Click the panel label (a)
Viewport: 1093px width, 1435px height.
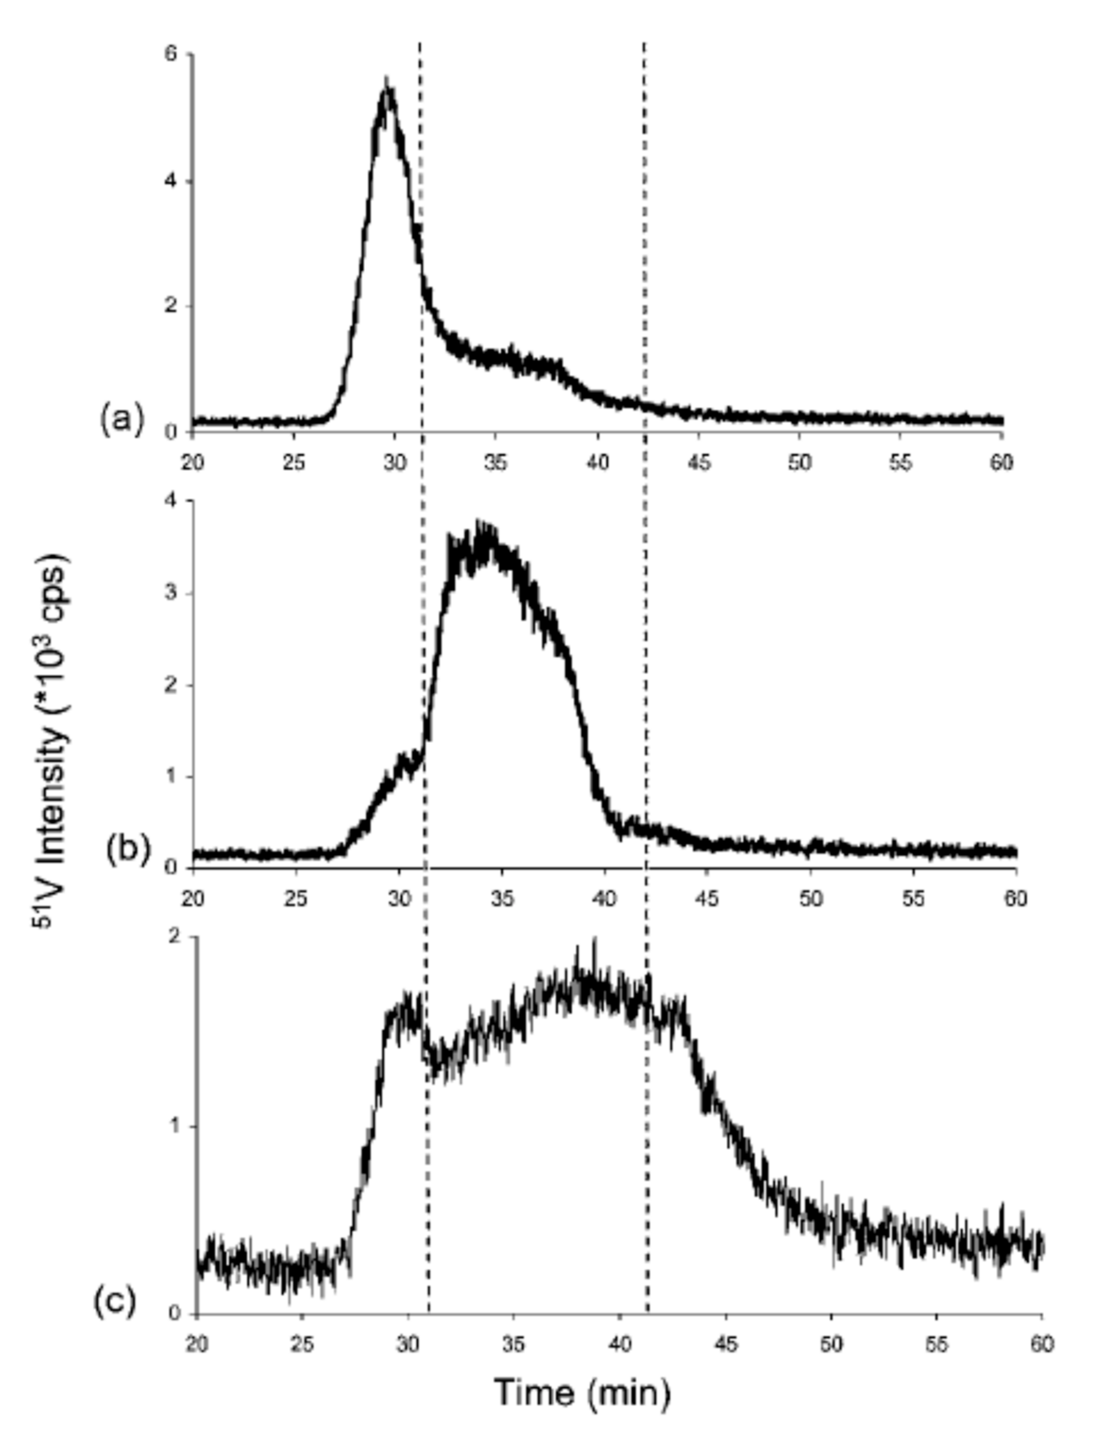click(x=121, y=419)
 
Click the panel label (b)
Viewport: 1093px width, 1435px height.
click(x=128, y=850)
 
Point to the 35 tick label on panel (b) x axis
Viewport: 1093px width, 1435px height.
click(x=502, y=899)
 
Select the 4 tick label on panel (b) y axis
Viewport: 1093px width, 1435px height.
click(x=173, y=501)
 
